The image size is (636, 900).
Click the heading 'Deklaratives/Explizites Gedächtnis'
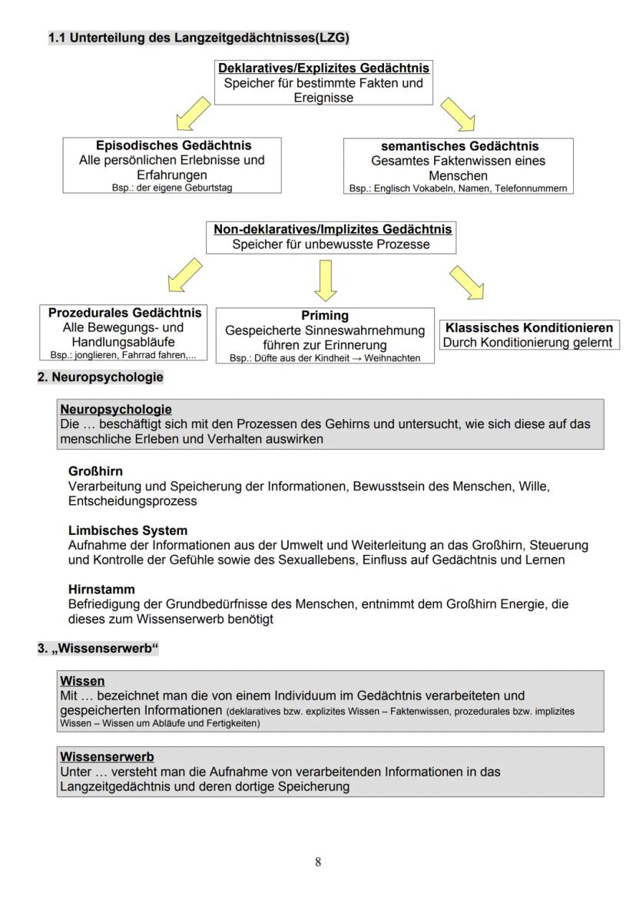click(x=323, y=68)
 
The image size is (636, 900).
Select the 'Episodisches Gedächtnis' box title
click(x=173, y=145)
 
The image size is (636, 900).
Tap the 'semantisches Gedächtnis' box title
click(x=459, y=146)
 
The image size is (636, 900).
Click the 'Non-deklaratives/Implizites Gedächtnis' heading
click(x=333, y=229)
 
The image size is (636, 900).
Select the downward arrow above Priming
click(x=326, y=280)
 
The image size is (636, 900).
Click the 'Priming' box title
click(x=325, y=315)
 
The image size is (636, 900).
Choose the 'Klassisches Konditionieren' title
click(x=529, y=327)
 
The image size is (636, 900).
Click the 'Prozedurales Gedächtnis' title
click(x=124, y=313)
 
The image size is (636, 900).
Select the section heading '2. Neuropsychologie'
click(x=100, y=377)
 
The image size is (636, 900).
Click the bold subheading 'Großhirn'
click(x=95, y=471)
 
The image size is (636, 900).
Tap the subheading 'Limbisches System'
click(x=128, y=530)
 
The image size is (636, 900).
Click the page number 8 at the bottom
click(x=318, y=862)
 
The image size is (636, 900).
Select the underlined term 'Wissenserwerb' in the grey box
click(x=107, y=756)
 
